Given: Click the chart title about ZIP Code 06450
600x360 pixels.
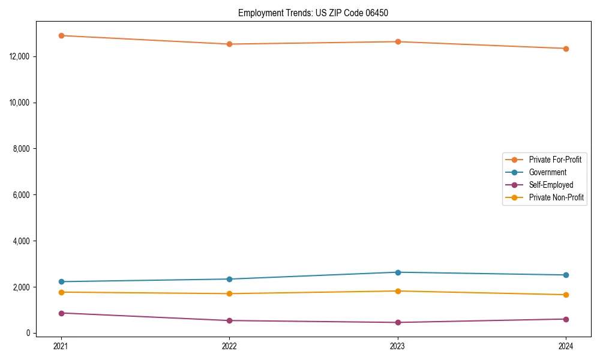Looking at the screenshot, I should pyautogui.click(x=313, y=13).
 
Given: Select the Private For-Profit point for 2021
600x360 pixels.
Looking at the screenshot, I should pyautogui.click(x=61, y=35).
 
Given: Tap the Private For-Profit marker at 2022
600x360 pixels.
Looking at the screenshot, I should pyautogui.click(x=229, y=44).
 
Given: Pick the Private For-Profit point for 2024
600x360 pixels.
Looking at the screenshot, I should pyautogui.click(x=566, y=49).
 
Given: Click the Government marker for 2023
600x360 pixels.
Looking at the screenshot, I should pyautogui.click(x=398, y=272).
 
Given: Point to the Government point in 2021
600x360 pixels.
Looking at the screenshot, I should pyautogui.click(x=61, y=281).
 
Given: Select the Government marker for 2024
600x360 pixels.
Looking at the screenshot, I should pyautogui.click(x=566, y=275).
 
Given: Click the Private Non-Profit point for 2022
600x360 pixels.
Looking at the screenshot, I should pyautogui.click(x=229, y=293).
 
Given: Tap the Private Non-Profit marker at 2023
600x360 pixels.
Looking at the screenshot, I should pyautogui.click(x=398, y=291).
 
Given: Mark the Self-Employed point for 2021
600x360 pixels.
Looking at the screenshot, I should pyautogui.click(x=61, y=313).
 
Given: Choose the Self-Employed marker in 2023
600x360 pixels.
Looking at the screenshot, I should pyautogui.click(x=398, y=322).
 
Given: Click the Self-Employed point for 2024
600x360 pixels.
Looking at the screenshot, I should pyautogui.click(x=566, y=319).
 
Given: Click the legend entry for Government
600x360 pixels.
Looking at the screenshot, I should pyautogui.click(x=547, y=172).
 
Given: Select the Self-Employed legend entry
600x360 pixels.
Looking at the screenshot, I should pyautogui.click(x=551, y=185).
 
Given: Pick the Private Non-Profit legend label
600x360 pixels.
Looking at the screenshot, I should pyautogui.click(x=556, y=197).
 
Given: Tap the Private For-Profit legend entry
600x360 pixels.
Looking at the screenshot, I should pyautogui.click(x=555, y=160).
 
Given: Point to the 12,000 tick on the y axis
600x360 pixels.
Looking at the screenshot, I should pyautogui.click(x=20, y=56).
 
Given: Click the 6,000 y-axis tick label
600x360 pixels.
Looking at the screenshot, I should pyautogui.click(x=22, y=195).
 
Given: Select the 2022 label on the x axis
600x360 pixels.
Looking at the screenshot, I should pyautogui.click(x=229, y=346).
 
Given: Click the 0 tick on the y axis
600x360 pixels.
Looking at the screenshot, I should pyautogui.click(x=28, y=334).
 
